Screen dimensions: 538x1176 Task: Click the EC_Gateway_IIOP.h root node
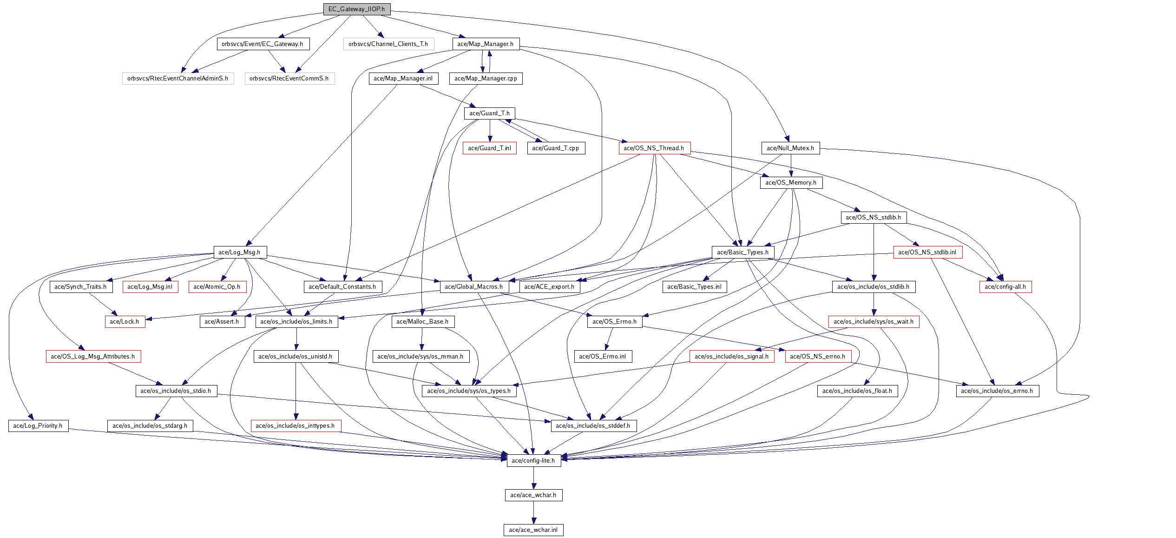pos(356,9)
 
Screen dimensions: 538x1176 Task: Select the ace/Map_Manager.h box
pos(485,44)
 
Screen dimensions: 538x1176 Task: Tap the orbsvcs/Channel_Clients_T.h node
pos(388,44)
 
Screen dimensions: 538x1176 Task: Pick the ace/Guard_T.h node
pos(489,113)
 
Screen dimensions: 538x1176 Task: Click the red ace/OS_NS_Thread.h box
pos(654,148)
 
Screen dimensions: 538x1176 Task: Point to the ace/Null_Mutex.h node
pos(790,148)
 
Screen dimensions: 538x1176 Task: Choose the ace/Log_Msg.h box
pos(239,252)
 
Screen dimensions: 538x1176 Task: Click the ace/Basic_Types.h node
pos(742,252)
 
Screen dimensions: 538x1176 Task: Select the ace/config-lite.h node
pos(533,461)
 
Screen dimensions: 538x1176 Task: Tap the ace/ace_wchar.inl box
pos(533,530)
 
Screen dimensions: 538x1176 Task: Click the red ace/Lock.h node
pos(125,322)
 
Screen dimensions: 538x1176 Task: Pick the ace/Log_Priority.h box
pos(38,426)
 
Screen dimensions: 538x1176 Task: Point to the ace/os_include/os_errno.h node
pos(997,391)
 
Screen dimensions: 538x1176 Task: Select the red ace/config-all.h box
pos(1005,287)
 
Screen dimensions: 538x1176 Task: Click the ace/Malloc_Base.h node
pos(422,322)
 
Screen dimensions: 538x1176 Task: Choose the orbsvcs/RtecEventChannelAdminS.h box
pos(177,79)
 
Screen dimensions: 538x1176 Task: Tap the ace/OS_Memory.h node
pos(791,183)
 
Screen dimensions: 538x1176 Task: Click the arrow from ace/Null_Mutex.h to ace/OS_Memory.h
pos(791,166)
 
